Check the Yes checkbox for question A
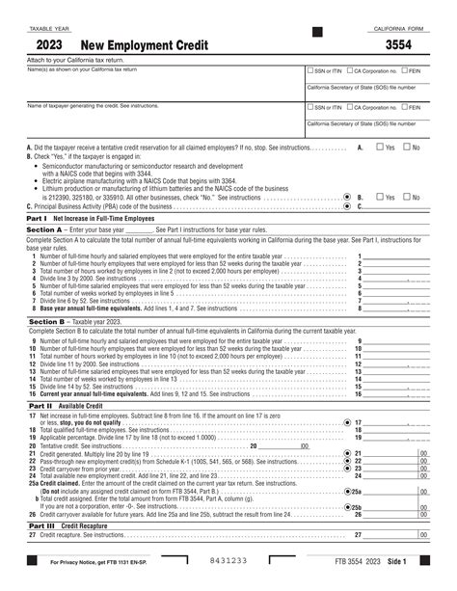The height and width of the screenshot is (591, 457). [x=379, y=148]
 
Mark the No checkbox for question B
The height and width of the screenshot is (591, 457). [x=405, y=196]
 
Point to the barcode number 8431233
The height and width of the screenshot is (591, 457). [x=228, y=561]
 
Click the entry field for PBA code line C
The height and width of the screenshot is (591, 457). [x=395, y=205]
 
